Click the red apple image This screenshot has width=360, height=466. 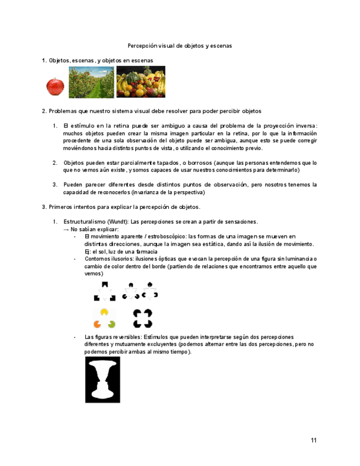(55, 86)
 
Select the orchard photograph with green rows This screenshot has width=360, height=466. (91, 82)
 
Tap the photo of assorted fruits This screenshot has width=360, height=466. (141, 82)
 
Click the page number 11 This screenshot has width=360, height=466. (313, 440)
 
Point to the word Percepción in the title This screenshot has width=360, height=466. (142, 46)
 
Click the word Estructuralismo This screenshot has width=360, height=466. (84, 221)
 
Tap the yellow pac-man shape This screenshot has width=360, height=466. (103, 312)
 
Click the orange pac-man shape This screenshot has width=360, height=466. (97, 323)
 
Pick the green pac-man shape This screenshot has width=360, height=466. (112, 323)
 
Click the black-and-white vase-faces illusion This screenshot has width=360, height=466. (103, 380)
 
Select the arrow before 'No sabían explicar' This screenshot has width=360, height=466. (67, 229)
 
